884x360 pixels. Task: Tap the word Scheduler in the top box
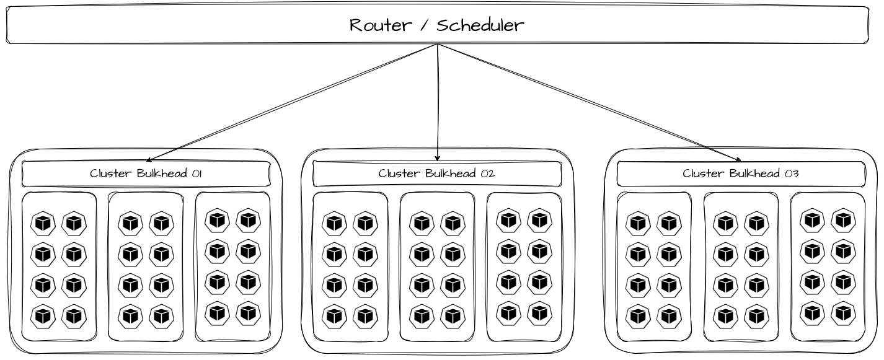click(x=480, y=25)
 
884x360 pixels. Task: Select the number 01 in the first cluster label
click(x=197, y=173)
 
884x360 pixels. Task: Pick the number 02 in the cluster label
click(x=487, y=173)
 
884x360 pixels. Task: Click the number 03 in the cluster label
click(x=791, y=173)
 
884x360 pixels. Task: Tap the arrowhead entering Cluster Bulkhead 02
click(x=438, y=158)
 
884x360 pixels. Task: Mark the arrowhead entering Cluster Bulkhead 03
click(x=738, y=160)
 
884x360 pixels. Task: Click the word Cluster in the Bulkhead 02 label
click(x=400, y=173)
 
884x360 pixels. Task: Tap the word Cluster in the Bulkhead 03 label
click(x=704, y=173)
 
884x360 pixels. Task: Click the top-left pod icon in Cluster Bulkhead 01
click(x=43, y=222)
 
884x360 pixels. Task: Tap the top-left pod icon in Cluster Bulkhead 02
click(x=334, y=222)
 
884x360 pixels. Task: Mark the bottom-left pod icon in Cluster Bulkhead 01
click(x=43, y=315)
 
